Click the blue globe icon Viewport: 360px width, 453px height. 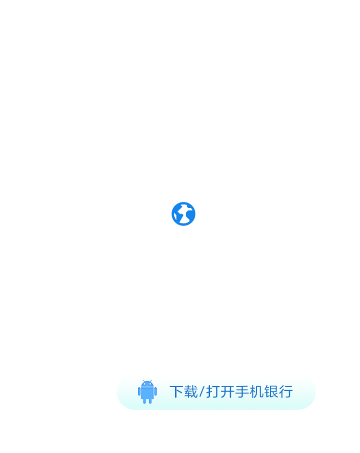point(183,214)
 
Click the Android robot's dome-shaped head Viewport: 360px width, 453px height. point(147,384)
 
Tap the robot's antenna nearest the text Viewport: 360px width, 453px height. point(151,381)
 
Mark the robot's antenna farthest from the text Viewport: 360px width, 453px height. point(144,381)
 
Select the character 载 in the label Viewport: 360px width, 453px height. point(190,392)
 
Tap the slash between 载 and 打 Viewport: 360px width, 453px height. point(202,392)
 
